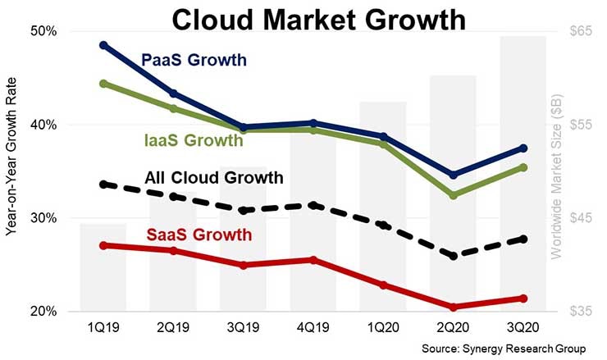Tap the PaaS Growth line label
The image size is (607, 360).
pyautogui.click(x=194, y=60)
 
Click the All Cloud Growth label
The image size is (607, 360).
pyautogui.click(x=213, y=177)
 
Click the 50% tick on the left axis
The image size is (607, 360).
pyautogui.click(x=42, y=31)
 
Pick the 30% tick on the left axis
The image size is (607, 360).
pyautogui.click(x=42, y=218)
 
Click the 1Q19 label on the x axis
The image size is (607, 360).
pyautogui.click(x=104, y=326)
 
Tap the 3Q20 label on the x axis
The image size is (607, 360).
pyautogui.click(x=523, y=326)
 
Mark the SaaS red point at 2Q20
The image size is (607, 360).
pyautogui.click(x=454, y=307)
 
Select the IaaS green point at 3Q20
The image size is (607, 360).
pyautogui.click(x=523, y=167)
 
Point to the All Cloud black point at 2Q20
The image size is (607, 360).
pyautogui.click(x=454, y=256)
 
